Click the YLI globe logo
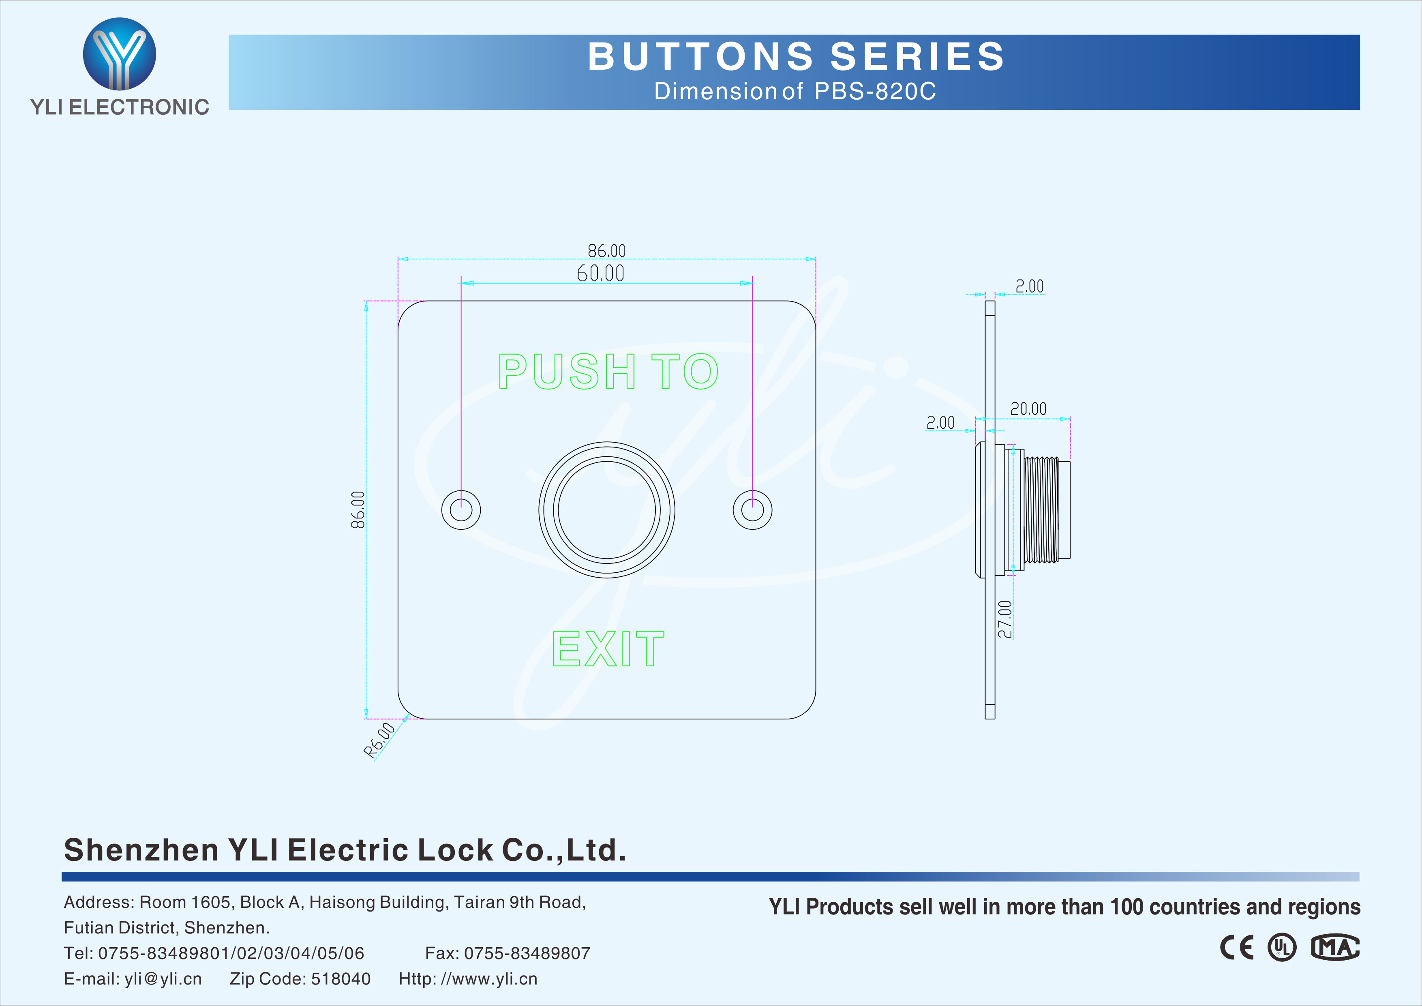tap(120, 54)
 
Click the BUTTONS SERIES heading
tap(795, 56)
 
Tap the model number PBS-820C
tap(874, 92)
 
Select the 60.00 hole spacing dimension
tap(600, 273)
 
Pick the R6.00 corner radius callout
tap(379, 740)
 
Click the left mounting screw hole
tap(461, 510)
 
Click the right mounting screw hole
tap(752, 510)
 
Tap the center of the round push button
tap(607, 510)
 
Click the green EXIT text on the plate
tap(608, 649)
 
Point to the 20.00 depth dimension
tap(1028, 409)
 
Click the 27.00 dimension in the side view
tap(1004, 619)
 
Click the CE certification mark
tap(1236, 948)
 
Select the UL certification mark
tap(1281, 948)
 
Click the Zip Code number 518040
tap(341, 979)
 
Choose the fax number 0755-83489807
tap(527, 953)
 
